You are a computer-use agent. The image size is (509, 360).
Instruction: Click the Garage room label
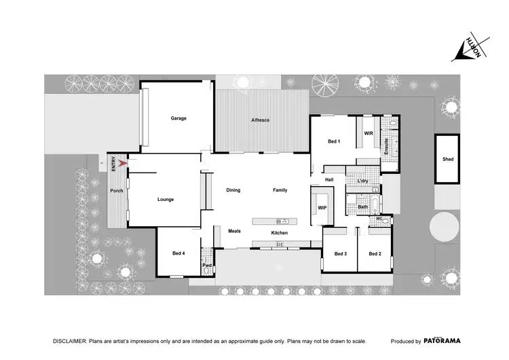(178, 118)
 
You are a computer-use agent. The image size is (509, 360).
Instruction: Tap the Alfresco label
(261, 120)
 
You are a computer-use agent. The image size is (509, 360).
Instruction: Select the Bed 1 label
(334, 141)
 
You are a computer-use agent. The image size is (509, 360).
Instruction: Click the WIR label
(369, 133)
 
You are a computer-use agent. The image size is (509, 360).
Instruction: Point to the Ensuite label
(387, 144)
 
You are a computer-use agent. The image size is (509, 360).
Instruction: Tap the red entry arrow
(122, 163)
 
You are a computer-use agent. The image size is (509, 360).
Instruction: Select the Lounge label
(166, 200)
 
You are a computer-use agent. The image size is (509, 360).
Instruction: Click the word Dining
(233, 190)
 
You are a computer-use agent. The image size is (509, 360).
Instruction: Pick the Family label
(280, 190)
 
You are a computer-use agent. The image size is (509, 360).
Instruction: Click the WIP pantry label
(322, 208)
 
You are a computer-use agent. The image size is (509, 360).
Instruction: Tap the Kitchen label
(280, 233)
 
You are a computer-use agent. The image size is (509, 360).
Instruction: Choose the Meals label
(234, 231)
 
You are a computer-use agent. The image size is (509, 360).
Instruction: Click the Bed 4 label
(178, 253)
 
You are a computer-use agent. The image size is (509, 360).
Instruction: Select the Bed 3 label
(341, 254)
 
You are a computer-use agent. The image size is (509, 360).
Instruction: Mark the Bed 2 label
(375, 254)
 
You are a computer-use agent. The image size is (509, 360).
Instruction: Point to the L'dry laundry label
(363, 181)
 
